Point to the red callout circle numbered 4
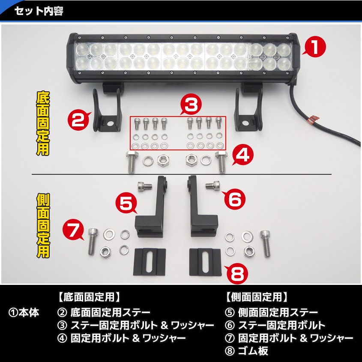coord(243,156)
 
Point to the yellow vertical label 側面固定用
coord(42,225)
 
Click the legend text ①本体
coord(24,313)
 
